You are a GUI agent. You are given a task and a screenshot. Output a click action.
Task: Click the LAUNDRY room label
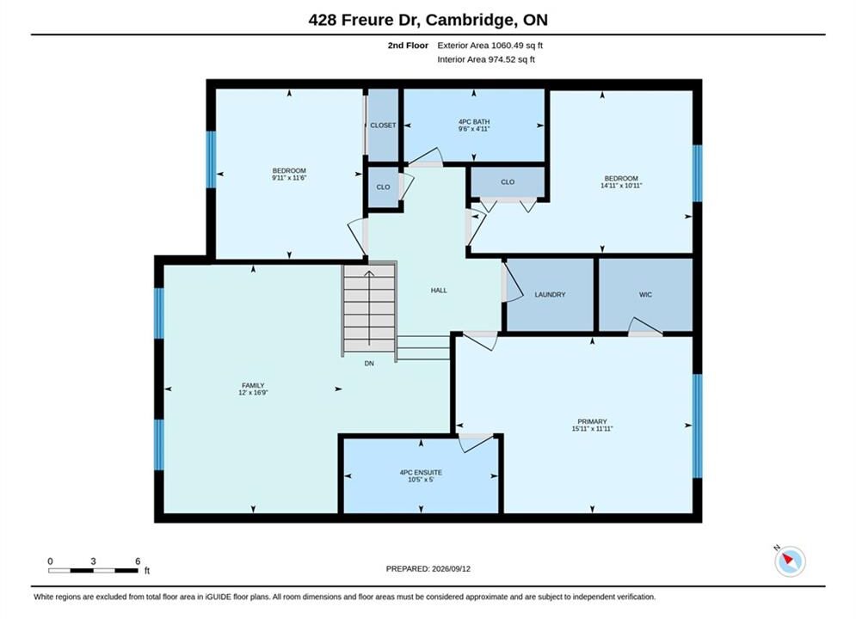(x=550, y=295)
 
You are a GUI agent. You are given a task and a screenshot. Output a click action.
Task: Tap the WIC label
(x=645, y=295)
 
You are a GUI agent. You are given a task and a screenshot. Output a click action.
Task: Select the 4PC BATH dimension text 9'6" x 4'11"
(x=474, y=129)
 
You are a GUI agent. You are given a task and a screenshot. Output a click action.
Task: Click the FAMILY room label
(x=253, y=385)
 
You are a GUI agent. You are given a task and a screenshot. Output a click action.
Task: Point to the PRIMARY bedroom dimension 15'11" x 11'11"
(x=593, y=429)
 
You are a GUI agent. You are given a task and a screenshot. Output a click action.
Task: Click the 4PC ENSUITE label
(x=421, y=473)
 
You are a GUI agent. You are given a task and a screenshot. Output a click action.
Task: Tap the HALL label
(x=439, y=291)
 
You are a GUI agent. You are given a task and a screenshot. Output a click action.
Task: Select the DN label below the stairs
(x=369, y=363)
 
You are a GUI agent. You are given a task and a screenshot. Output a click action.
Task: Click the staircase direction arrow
(x=370, y=308)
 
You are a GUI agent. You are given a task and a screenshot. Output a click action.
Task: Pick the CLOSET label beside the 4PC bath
(x=383, y=126)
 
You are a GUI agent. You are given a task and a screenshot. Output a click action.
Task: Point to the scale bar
(x=93, y=571)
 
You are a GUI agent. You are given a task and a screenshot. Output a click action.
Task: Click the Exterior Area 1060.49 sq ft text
(x=490, y=46)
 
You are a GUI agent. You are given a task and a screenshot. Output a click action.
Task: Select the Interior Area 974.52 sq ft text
(x=486, y=59)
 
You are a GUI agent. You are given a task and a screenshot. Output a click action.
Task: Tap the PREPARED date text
(x=428, y=569)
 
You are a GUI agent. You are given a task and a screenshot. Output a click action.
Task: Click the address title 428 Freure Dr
(x=363, y=20)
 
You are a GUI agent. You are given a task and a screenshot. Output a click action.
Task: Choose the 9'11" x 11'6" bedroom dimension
(x=289, y=178)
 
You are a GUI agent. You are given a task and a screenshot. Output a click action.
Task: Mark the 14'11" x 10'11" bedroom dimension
(x=621, y=186)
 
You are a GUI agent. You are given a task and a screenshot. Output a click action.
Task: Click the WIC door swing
(x=644, y=326)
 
